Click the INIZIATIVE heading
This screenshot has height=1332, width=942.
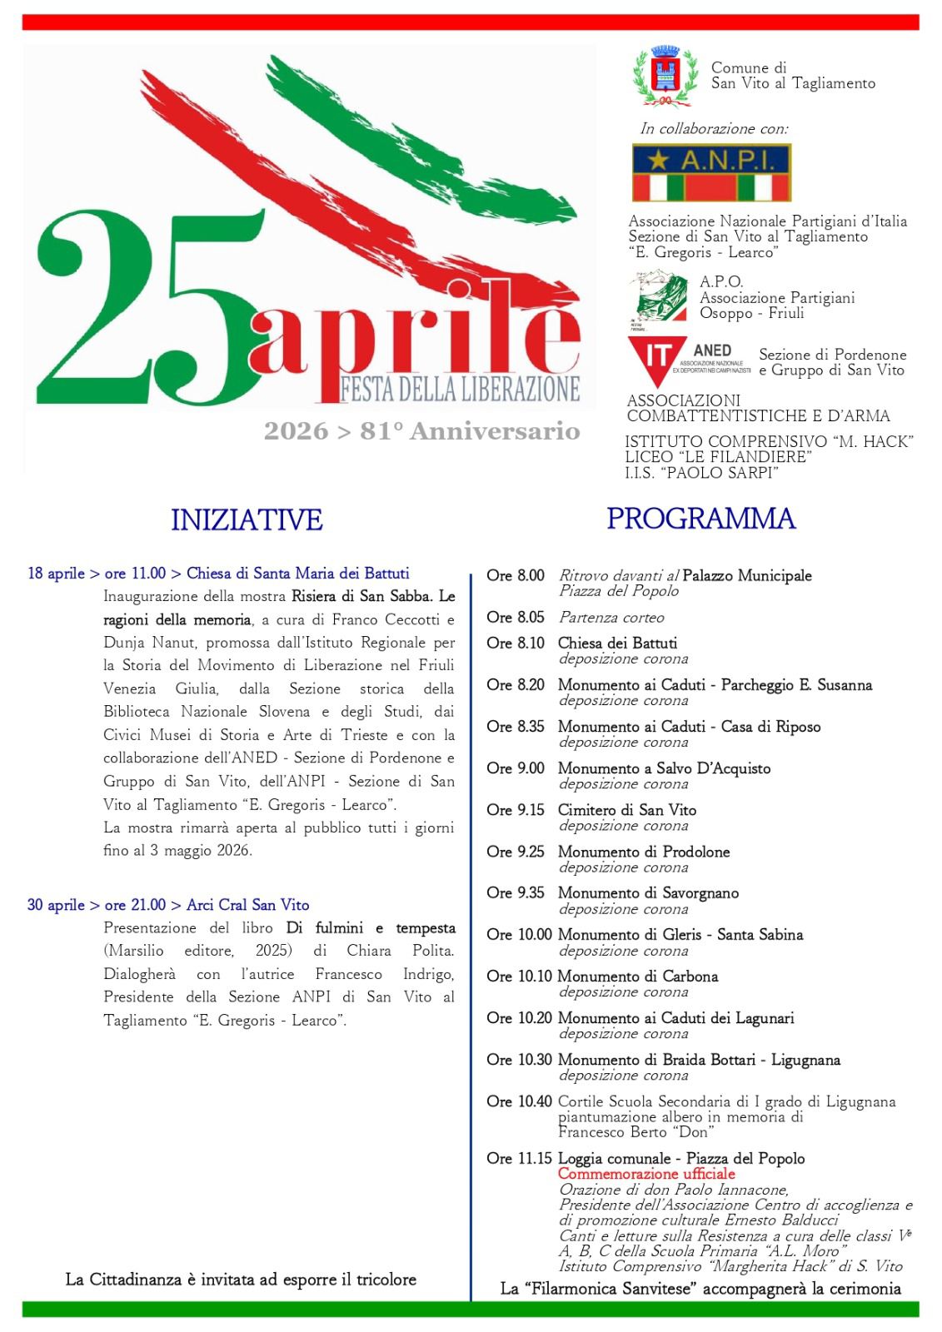coord(247,519)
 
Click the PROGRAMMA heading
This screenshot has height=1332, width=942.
coord(700,518)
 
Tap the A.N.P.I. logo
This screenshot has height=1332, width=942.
coord(711,172)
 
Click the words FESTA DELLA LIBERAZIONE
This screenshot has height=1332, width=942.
coord(459,389)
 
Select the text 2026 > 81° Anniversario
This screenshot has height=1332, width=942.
coord(421,431)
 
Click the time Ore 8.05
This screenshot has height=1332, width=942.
coord(516,617)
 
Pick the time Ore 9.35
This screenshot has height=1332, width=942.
coord(516,892)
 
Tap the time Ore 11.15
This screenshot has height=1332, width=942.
coord(519,1158)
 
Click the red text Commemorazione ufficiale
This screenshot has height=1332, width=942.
coord(646,1174)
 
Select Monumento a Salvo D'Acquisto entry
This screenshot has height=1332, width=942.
coord(664,768)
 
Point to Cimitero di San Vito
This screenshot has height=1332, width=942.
coord(626,809)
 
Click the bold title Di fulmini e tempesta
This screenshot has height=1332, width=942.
coord(371,927)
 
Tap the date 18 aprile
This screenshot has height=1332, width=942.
coord(56,573)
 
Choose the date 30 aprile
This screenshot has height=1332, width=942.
coord(56,905)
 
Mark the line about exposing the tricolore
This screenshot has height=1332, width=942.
coord(241,1280)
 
